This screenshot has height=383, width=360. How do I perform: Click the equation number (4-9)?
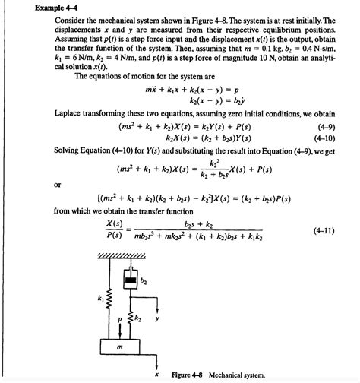click(x=327, y=125)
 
